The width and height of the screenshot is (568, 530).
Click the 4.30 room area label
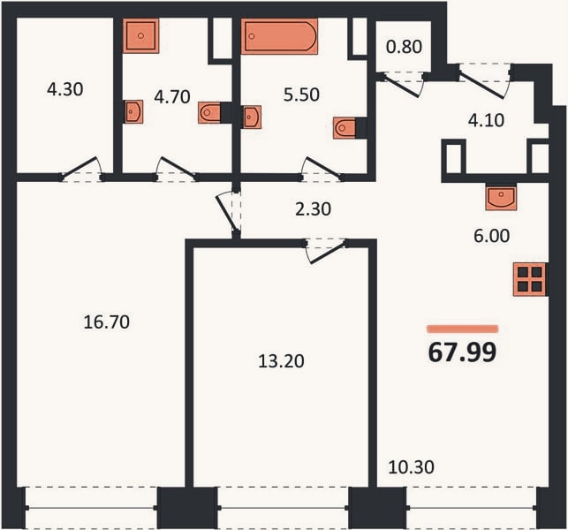point(65,89)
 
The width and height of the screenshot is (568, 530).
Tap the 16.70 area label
point(107,322)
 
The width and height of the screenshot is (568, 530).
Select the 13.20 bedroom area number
point(281,361)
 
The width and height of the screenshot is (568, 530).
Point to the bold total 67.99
point(462,352)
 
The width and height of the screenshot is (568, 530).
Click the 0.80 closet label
point(405,47)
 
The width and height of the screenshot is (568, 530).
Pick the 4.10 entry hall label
point(486,121)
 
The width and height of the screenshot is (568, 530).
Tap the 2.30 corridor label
point(313,209)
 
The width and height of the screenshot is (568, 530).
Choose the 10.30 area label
point(411,467)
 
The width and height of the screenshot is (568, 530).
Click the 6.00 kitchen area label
point(491,236)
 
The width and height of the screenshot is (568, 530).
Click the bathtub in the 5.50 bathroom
point(279,36)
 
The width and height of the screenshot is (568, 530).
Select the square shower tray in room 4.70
point(141,36)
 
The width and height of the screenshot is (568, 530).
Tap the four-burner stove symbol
point(530,280)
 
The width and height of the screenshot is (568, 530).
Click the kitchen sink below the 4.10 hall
point(501,198)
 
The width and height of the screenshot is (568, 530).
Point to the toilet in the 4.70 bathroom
point(210,113)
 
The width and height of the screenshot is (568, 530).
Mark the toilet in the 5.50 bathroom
point(345,128)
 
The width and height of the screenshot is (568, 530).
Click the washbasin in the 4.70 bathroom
point(133,111)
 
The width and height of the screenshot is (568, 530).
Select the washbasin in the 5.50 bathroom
point(252,117)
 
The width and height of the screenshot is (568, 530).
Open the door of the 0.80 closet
point(403,85)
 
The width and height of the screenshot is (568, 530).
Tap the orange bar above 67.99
point(463,329)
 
